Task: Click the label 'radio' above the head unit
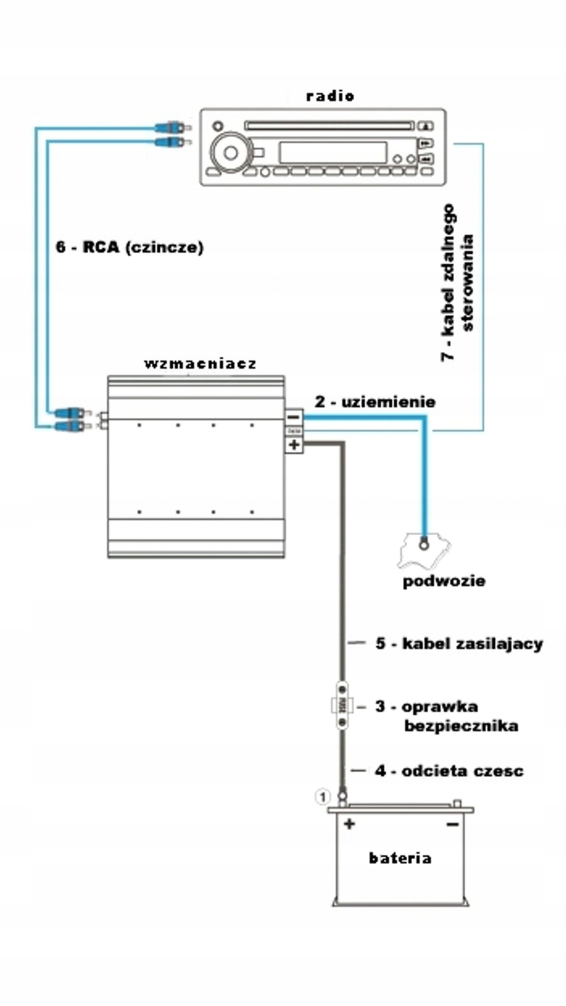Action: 330,96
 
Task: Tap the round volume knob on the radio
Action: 231,152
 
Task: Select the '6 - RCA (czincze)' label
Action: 130,246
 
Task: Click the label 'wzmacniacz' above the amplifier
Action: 200,363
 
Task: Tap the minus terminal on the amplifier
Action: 294,416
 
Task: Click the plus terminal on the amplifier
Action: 294,445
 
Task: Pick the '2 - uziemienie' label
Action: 375,401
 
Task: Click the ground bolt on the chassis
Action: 425,544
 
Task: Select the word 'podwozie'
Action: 443,580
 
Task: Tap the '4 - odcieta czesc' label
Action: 449,770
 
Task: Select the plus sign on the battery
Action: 349,824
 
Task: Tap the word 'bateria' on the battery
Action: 400,858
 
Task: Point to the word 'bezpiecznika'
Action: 461,726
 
